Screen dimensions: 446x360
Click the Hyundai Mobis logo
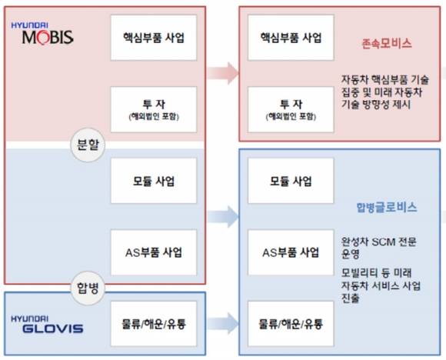pyautogui.click(x=42, y=34)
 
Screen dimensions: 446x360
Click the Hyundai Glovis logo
pyautogui.click(x=47, y=324)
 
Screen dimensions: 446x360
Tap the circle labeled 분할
pyautogui.click(x=88, y=145)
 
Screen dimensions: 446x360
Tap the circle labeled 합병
pyautogui.click(x=88, y=288)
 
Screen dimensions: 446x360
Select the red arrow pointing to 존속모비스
pyautogui.click(x=223, y=73)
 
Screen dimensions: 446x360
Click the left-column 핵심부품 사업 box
pyautogui.click(x=154, y=38)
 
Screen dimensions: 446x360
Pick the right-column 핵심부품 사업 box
pyautogui.click(x=291, y=38)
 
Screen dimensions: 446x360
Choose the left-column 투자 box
pyautogui.click(x=154, y=109)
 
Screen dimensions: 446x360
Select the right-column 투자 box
pyautogui.click(x=291, y=109)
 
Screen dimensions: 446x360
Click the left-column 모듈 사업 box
pyautogui.click(x=154, y=181)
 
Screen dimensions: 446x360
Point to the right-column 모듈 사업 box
pyautogui.click(x=291, y=181)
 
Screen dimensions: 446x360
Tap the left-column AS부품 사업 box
pyautogui.click(x=154, y=252)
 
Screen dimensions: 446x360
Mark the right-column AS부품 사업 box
pyautogui.click(x=291, y=252)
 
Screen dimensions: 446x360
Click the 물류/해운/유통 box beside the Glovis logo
pyautogui.click(x=154, y=324)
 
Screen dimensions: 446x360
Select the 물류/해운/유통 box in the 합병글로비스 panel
pyautogui.click(x=291, y=324)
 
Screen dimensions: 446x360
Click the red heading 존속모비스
pyautogui.click(x=387, y=44)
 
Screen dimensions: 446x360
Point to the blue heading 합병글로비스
pyautogui.click(x=387, y=207)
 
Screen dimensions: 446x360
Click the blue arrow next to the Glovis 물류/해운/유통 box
pyautogui.click(x=223, y=324)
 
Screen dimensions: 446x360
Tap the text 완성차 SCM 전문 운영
pyautogui.click(x=378, y=248)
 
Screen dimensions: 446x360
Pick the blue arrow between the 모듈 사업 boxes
pyautogui.click(x=223, y=217)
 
